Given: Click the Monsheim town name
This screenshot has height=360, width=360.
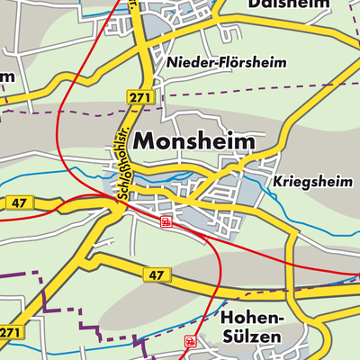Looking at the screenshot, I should click(x=193, y=141).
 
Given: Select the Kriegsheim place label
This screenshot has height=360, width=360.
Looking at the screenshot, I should click(x=308, y=179).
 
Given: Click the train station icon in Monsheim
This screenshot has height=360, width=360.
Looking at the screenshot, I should click(x=165, y=220).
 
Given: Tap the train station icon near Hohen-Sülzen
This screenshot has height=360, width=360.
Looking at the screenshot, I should click(x=190, y=341).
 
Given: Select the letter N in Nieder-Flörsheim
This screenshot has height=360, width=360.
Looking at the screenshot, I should click(x=171, y=64).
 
